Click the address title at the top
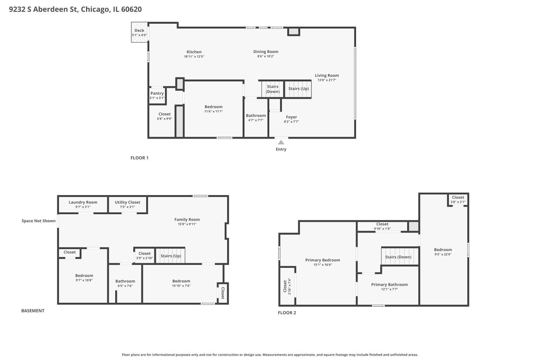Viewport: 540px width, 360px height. pyautogui.click(x=75, y=9)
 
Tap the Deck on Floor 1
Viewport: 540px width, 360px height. pyautogui.click(x=139, y=32)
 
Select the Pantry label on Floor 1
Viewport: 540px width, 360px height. pyautogui.click(x=157, y=93)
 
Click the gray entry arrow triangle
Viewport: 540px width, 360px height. pyautogui.click(x=281, y=142)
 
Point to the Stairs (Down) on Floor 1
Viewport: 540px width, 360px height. pyautogui.click(x=273, y=89)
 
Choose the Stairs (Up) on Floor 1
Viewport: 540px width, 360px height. pyautogui.click(x=298, y=89)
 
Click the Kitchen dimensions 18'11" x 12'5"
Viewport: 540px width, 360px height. pyautogui.click(x=194, y=57)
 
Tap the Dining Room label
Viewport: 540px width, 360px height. pyautogui.click(x=266, y=51)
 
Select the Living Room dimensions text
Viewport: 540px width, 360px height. pyautogui.click(x=327, y=80)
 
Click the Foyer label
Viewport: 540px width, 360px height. pyautogui.click(x=291, y=117)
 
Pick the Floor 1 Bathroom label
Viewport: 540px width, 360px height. pyautogui.click(x=256, y=116)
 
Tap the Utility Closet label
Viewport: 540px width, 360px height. pyautogui.click(x=127, y=202)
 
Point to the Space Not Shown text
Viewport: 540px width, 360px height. pyautogui.click(x=39, y=221)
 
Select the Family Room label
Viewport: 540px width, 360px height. pyautogui.click(x=187, y=219)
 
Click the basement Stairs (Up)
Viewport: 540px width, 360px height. pyautogui.click(x=171, y=256)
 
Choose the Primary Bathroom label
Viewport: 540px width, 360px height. pyautogui.click(x=390, y=284)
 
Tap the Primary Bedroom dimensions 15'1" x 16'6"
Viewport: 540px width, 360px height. pyautogui.click(x=323, y=265)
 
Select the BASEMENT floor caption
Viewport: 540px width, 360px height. pyautogui.click(x=33, y=311)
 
